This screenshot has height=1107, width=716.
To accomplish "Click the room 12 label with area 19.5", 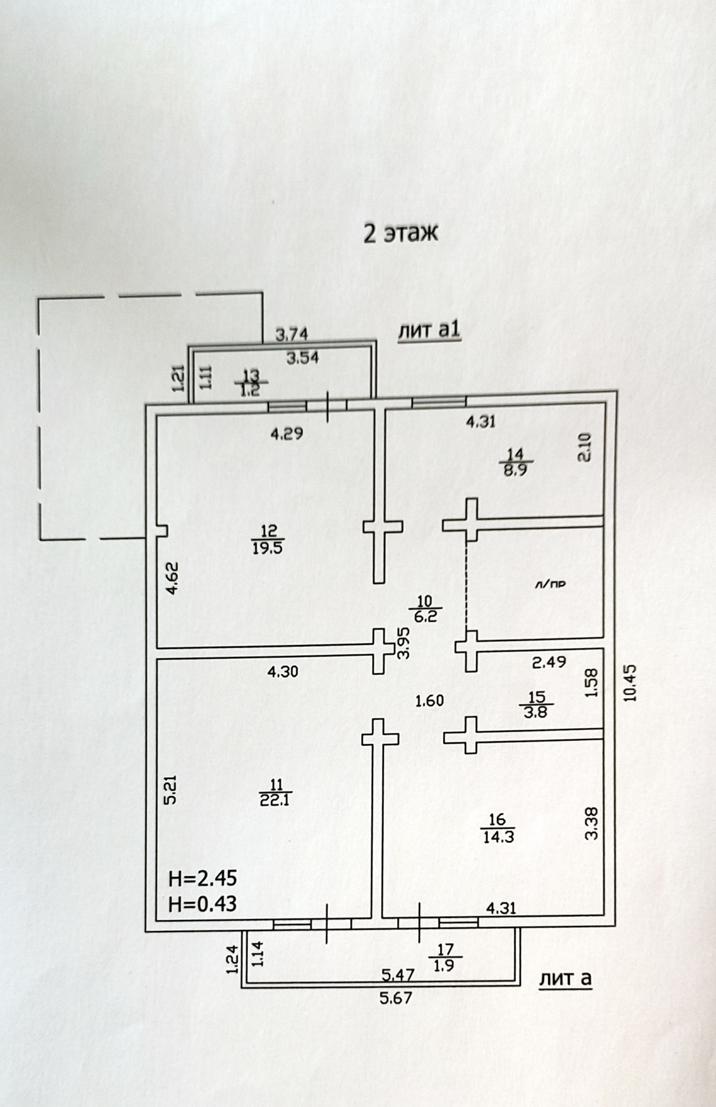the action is tap(267, 539).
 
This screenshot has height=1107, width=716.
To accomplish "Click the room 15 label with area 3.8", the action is tap(536, 705).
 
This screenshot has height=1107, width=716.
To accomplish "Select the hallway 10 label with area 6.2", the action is tap(425, 609).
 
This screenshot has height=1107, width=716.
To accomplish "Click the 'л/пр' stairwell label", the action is tap(550, 584).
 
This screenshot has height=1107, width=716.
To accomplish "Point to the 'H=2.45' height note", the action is tap(203, 879).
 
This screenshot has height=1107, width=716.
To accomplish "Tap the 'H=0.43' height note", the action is tap(203, 904).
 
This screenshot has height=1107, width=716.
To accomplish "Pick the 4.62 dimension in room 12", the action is tap(172, 578).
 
